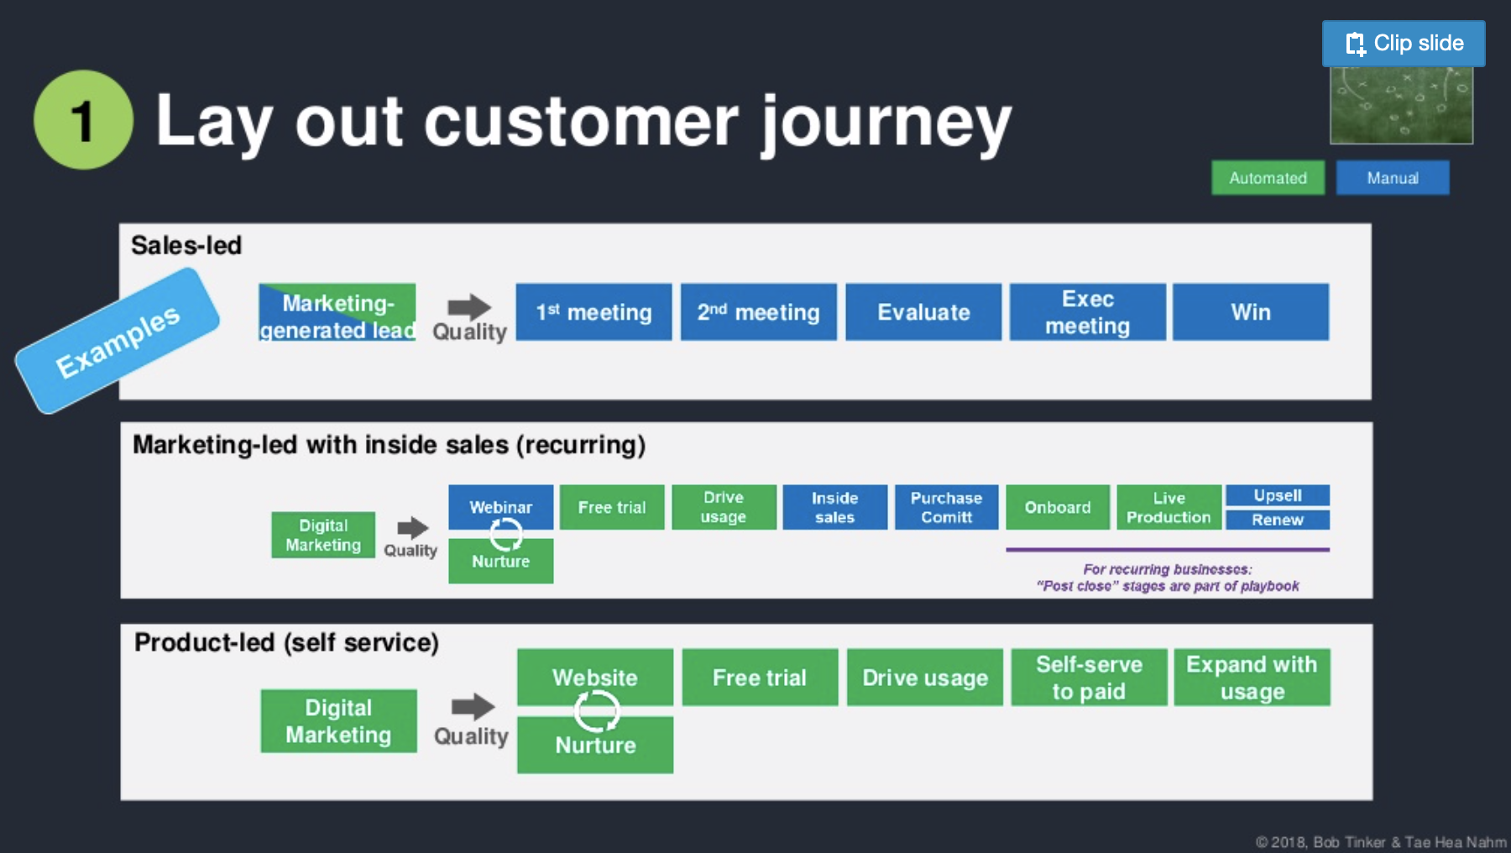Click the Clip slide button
point(1403,44)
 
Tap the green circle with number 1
point(83,120)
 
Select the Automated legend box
point(1268,178)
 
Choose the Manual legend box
point(1392,178)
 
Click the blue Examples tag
point(118,341)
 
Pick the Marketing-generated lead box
point(337,312)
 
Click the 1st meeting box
point(593,312)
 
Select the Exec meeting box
point(1087,312)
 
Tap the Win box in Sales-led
point(1250,312)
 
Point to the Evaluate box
point(923,312)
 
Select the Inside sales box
point(834,507)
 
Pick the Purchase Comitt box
point(946,507)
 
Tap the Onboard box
point(1058,507)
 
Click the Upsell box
point(1278,495)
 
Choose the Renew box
point(1278,520)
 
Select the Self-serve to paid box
point(1089,678)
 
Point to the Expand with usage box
point(1252,678)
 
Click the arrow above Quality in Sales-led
point(469,306)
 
